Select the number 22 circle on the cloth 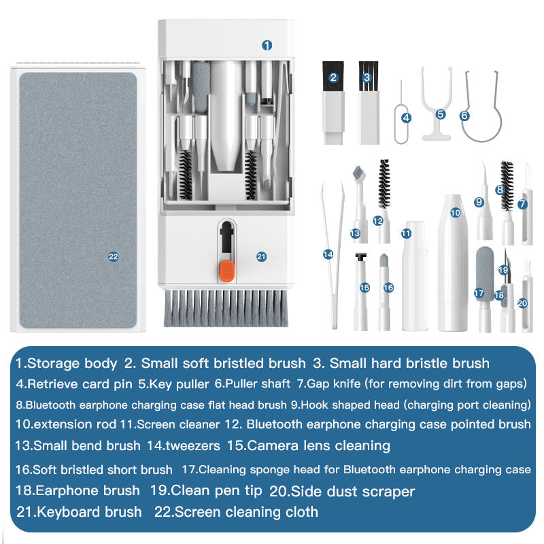coord(113,256)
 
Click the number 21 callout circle coord(261,256)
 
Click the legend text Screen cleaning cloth coord(246,511)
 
